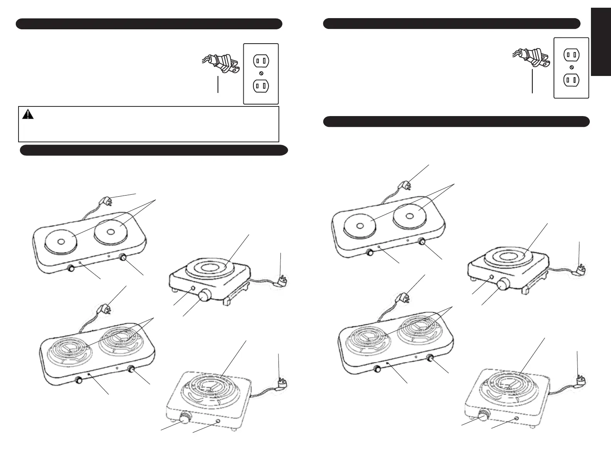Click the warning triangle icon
pos(28,114)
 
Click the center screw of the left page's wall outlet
pos(261,73)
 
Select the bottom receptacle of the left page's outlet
pos(261,86)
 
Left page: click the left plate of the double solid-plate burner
pos(61,242)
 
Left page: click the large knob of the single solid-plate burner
pos(205,296)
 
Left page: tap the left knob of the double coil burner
pos(79,380)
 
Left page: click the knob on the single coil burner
pos(185,418)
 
